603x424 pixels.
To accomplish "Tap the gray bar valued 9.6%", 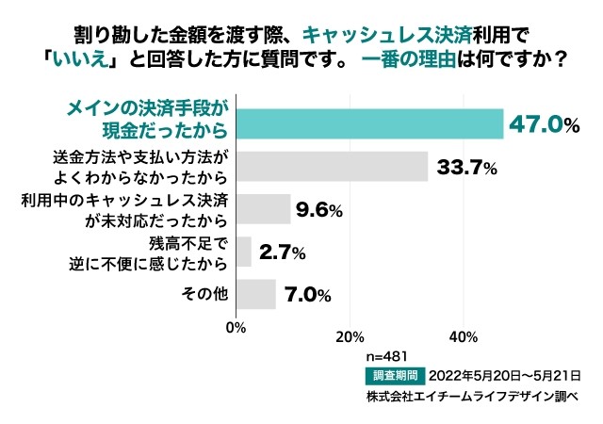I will tap(263, 209).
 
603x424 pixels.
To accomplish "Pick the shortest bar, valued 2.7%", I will tap(243, 252).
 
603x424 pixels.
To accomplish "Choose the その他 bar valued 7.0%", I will tap(255, 294).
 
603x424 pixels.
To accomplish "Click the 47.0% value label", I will tap(543, 123).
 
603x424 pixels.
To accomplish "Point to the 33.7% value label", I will tap(464, 168).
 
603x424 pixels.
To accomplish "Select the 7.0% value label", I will tap(307, 295).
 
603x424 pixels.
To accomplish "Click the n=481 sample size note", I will tap(387, 357).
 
